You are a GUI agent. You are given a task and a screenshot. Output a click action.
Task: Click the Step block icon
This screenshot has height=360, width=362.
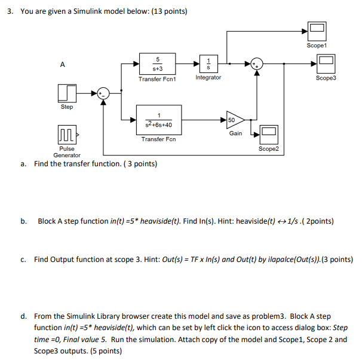point(67,93)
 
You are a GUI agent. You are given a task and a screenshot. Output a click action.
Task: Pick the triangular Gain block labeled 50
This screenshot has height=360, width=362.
point(234,120)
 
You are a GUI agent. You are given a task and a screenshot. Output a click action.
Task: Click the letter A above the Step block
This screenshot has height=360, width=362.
point(62,65)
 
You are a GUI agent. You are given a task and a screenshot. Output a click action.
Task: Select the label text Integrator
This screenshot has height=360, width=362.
point(208,78)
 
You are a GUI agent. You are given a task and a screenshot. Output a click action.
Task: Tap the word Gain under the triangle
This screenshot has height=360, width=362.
point(235,133)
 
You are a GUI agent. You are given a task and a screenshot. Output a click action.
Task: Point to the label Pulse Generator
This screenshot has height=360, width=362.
point(67,151)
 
